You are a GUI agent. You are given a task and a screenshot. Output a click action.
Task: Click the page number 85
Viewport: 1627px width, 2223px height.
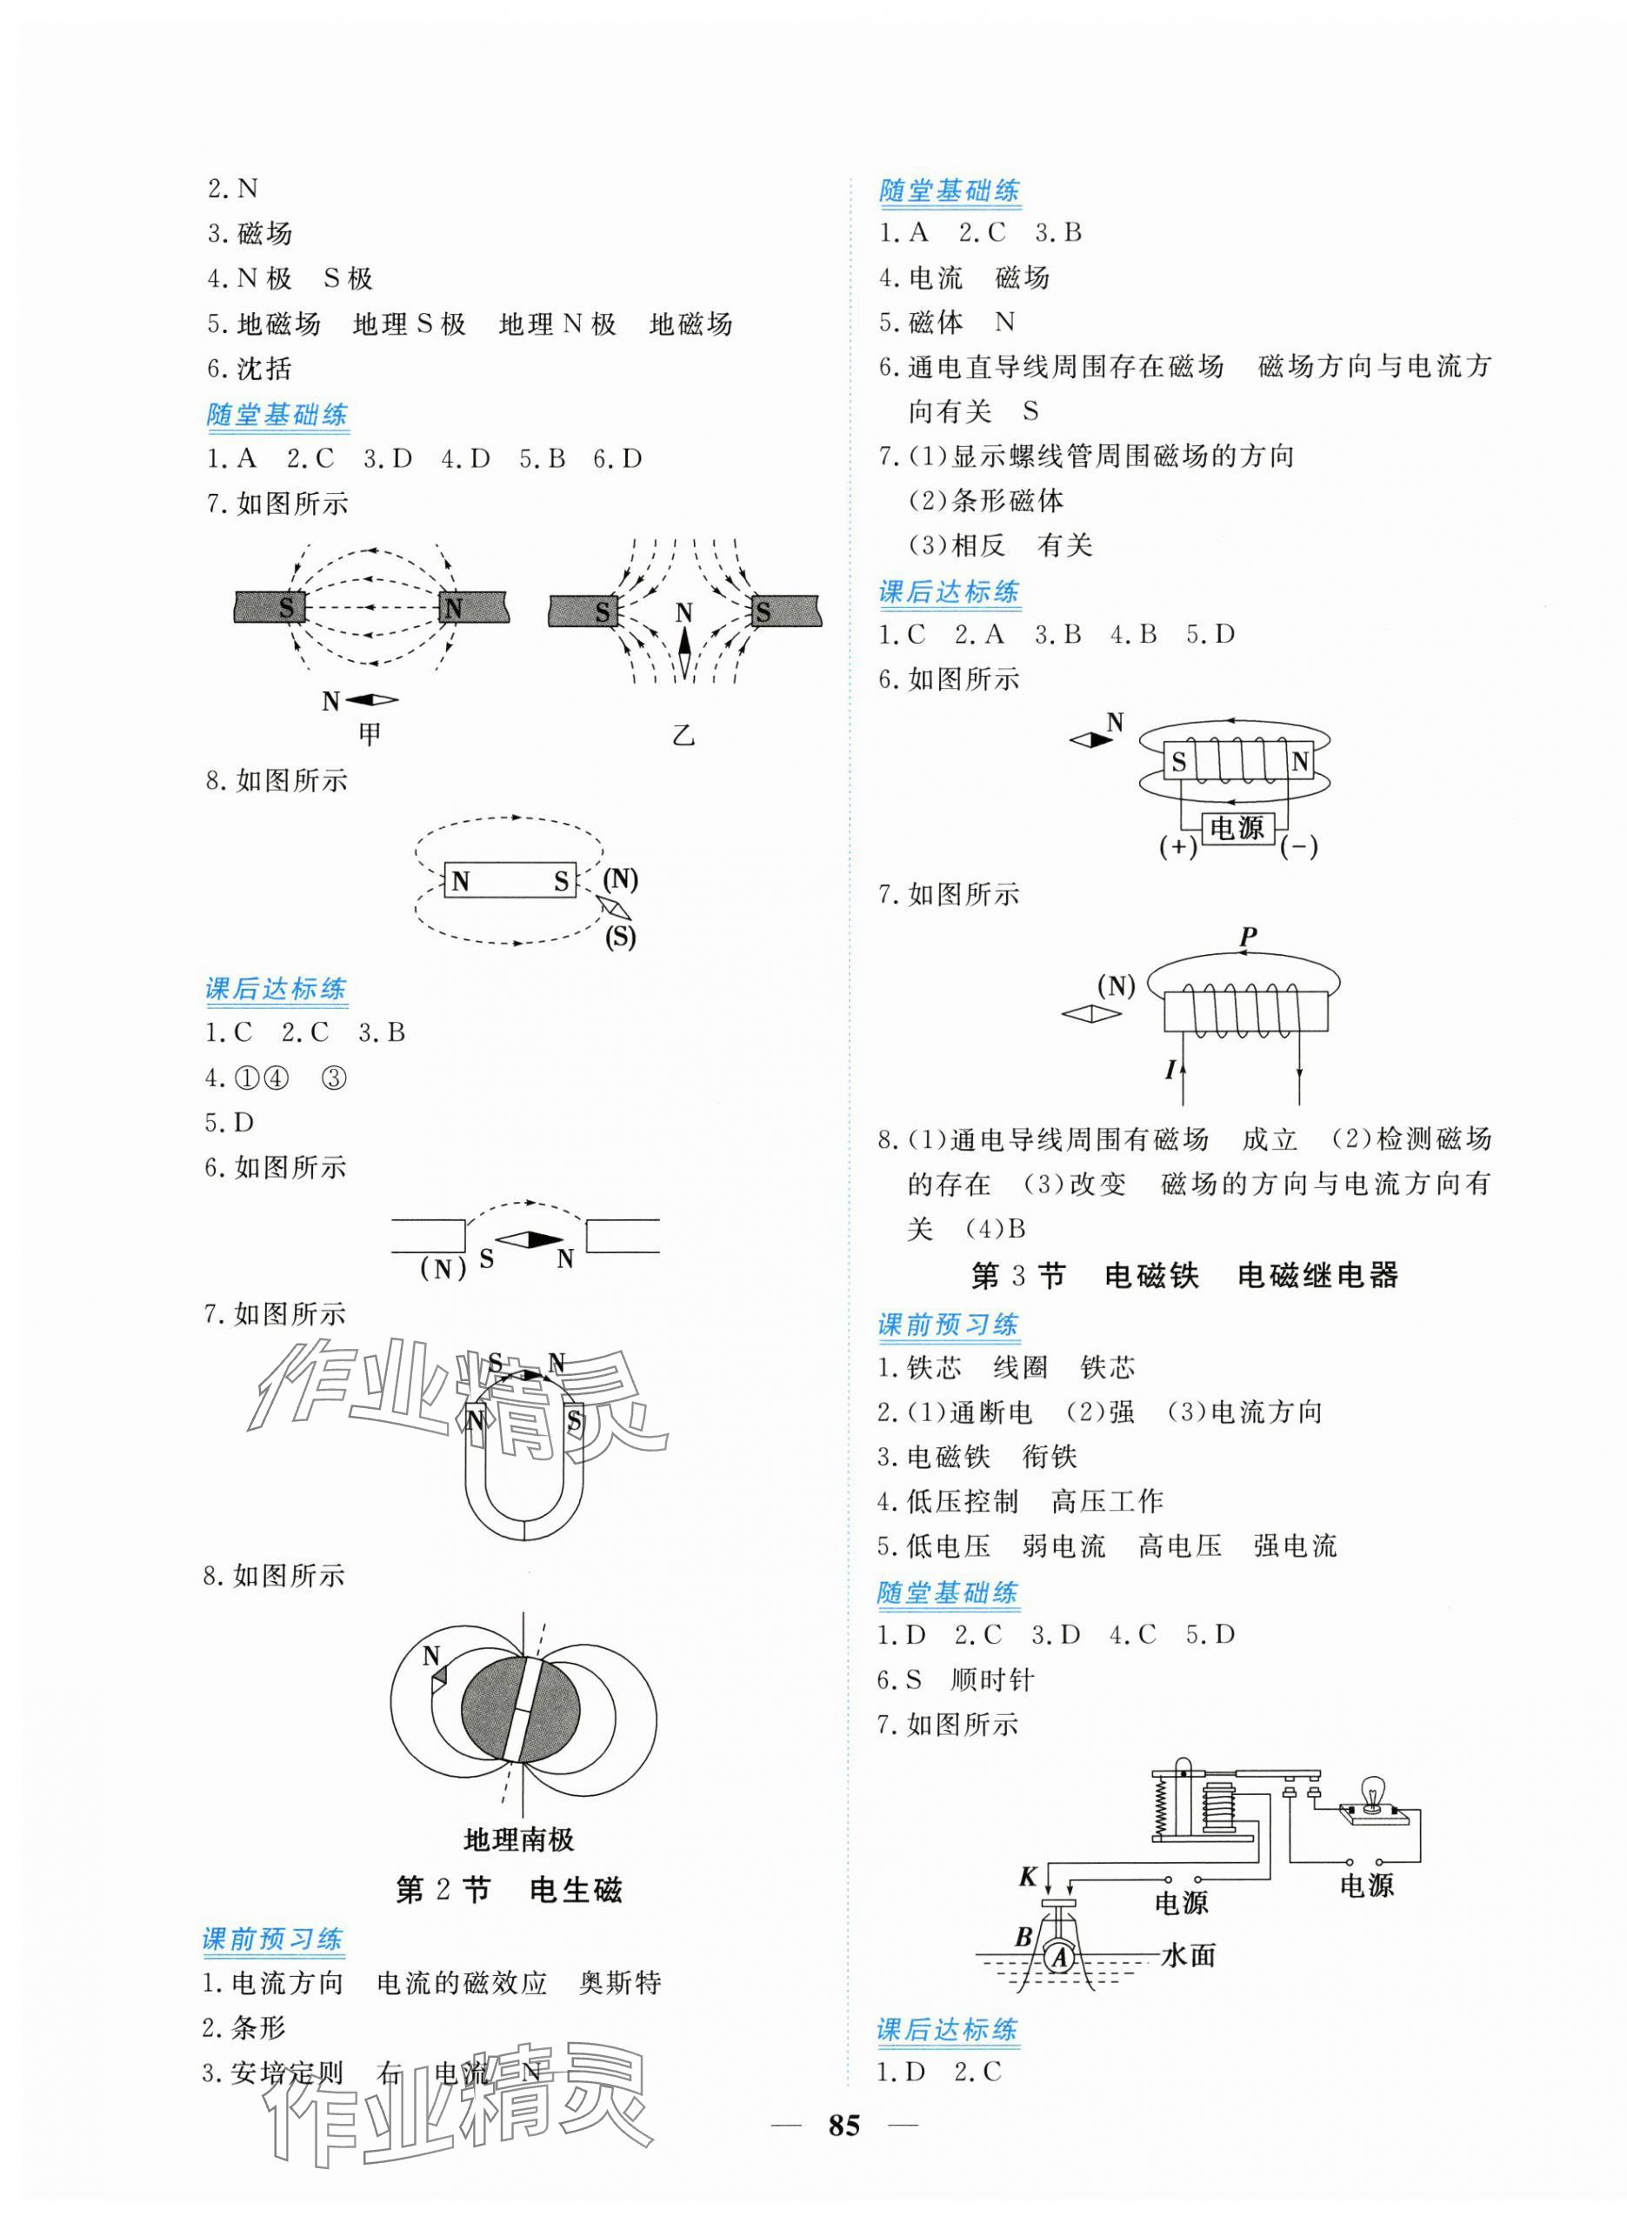pyautogui.click(x=844, y=2153)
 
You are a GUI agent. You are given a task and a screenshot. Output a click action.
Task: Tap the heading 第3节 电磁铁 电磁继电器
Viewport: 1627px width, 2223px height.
pyautogui.click(x=1184, y=1277)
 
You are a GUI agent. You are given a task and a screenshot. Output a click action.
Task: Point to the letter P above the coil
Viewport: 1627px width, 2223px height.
pyautogui.click(x=1248, y=936)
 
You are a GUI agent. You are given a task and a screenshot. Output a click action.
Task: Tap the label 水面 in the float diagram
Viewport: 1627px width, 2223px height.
pyautogui.click(x=1189, y=1955)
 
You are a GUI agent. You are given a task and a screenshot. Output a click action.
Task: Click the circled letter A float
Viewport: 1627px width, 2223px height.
pyautogui.click(x=1061, y=1958)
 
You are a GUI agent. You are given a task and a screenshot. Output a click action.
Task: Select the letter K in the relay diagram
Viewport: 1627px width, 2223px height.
pyautogui.click(x=1028, y=1878)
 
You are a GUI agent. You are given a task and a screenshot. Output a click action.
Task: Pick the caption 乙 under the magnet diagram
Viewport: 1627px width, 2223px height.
pyautogui.click(x=683, y=735)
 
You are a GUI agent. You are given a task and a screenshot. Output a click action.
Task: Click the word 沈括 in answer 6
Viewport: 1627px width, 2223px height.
pyautogui.click(x=264, y=370)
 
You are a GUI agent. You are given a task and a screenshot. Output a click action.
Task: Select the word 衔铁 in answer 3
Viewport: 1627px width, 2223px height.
pyautogui.click(x=1050, y=1457)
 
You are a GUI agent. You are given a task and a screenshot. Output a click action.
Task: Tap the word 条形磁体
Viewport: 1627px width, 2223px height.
pyautogui.click(x=1008, y=501)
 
